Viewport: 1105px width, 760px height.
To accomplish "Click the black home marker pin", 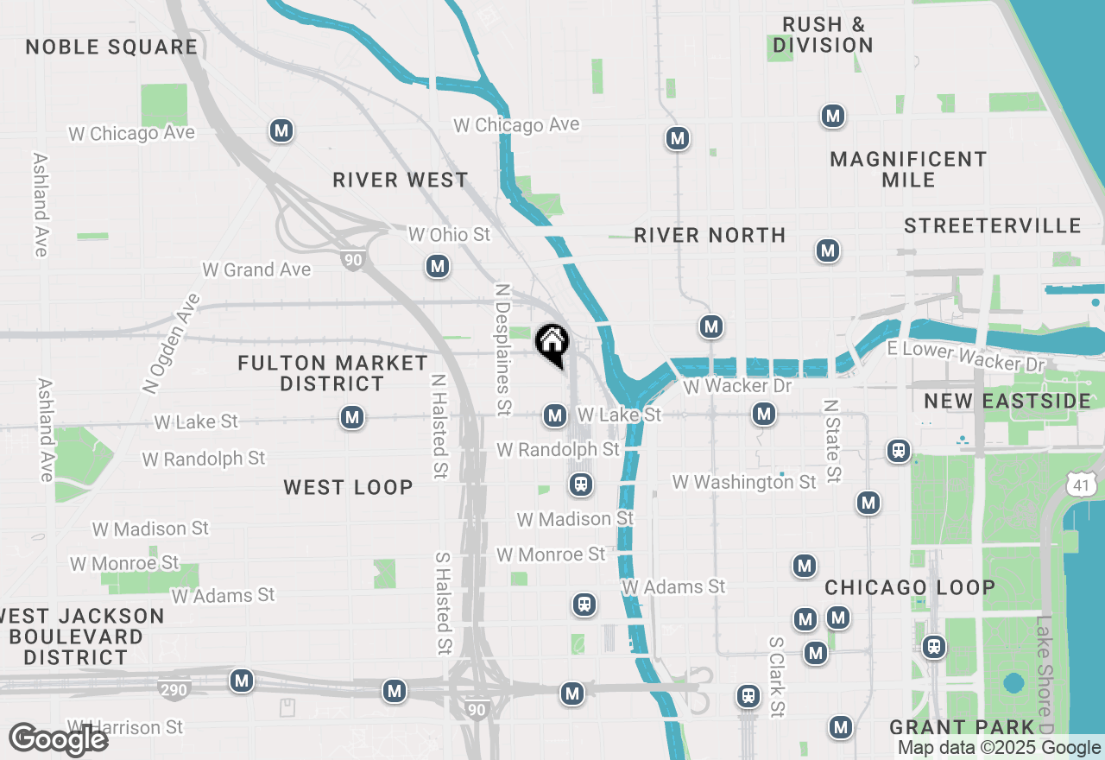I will coord(552,343).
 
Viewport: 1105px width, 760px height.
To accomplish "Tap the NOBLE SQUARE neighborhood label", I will coord(111,47).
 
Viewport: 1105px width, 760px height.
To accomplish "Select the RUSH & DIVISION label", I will coord(823,35).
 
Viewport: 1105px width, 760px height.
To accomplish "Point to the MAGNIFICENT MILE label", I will coord(908,169).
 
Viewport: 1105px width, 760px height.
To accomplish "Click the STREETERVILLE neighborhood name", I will coord(993,225).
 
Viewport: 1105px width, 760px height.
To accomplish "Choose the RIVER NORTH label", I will coord(710,235).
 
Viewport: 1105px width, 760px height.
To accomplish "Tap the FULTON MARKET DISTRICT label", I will coord(332,373).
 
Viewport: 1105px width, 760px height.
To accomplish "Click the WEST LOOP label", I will coord(348,487).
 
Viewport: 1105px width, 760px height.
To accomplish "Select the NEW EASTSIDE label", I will coord(1008,401).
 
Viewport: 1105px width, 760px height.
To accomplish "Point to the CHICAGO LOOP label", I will coord(910,587).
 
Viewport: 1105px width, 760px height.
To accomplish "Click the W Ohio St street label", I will coord(449,235).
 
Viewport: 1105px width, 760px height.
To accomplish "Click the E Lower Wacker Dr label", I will coord(966,356).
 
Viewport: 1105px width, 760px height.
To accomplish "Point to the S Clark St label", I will coord(777,677).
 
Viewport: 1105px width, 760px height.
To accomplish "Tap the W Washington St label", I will coord(744,482).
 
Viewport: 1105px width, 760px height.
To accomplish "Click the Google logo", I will coord(59,739).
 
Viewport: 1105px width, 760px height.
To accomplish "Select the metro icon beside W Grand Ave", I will coord(438,266).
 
